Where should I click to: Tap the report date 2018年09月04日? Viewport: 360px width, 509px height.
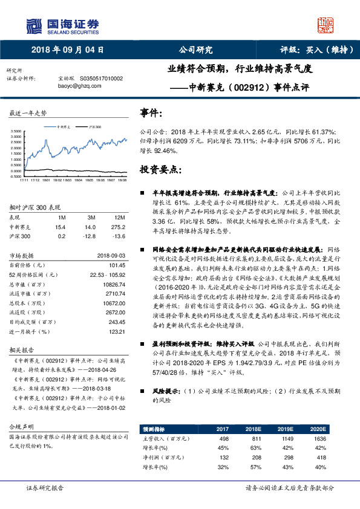pos(64,50)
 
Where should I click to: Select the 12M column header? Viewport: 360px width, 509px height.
pos(119,217)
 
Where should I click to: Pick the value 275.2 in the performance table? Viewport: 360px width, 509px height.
pos(119,226)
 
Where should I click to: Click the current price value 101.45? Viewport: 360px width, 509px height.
pos(116,265)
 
